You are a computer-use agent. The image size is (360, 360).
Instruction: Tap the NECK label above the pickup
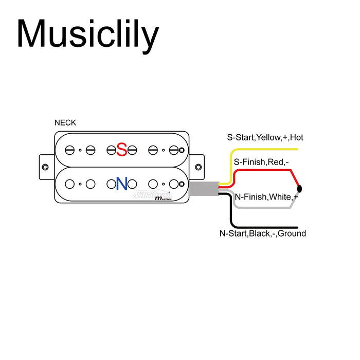pyautogui.click(x=65, y=122)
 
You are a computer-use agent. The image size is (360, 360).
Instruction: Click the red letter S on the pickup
pyautogui.click(x=121, y=150)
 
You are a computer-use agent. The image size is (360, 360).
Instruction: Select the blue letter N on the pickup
pyautogui.click(x=122, y=184)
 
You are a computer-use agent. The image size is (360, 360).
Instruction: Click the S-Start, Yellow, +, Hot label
pyautogui.click(x=265, y=138)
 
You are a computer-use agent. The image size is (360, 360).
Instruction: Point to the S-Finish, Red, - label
pyautogui.click(x=261, y=162)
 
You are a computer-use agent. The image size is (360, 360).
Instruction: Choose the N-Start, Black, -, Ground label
pyautogui.click(x=262, y=233)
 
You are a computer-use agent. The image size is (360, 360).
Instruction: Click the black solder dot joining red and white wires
pyautogui.click(x=299, y=189)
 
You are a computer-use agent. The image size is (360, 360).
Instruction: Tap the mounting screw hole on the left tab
pyautogui.click(x=46, y=167)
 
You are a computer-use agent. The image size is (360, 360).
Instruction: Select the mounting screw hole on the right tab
pyautogui.click(x=198, y=167)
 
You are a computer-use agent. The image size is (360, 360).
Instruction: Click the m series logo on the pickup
pyautogui.click(x=163, y=198)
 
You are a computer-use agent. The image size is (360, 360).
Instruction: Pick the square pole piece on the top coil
pyautogui.click(x=182, y=150)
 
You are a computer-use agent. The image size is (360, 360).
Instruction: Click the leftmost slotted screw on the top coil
pyautogui.click(x=69, y=150)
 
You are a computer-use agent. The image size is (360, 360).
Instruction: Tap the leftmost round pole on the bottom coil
pyautogui.click(x=69, y=184)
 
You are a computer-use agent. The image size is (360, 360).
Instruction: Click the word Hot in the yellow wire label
pyautogui.click(x=297, y=138)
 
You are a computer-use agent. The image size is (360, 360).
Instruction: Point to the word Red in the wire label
pyautogui.click(x=276, y=162)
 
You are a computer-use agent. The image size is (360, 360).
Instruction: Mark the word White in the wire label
pyautogui.click(x=281, y=197)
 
